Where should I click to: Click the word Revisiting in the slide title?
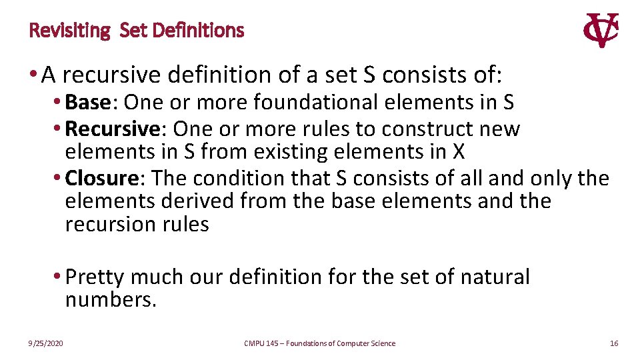69,31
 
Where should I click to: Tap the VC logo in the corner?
601,31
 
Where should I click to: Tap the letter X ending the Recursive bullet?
458,152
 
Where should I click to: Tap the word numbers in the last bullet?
111,300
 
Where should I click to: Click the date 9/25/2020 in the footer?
46,343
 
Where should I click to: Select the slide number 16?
614,343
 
